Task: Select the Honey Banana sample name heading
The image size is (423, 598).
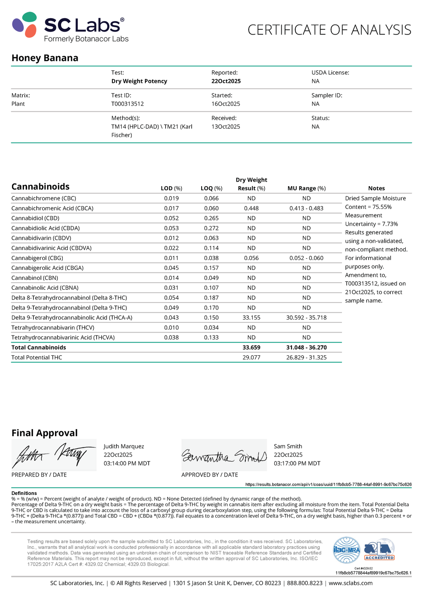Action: click(45, 58)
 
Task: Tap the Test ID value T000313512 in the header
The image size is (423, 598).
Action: click(128, 104)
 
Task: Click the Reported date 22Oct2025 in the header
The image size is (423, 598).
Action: click(226, 81)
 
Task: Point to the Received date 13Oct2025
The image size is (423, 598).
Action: click(226, 127)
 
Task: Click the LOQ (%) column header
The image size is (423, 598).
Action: click(211, 189)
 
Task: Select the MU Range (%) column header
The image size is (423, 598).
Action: click(307, 189)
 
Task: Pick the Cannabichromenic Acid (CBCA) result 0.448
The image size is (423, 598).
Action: click(251, 208)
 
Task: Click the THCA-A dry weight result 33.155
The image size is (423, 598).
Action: click(251, 318)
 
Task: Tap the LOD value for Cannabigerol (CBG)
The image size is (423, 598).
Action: click(171, 258)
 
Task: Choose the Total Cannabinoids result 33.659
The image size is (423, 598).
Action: click(251, 347)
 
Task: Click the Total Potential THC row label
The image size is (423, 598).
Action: click(37, 357)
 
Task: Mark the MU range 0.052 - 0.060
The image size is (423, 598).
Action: click(307, 258)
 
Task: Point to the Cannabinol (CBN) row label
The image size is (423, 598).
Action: click(35, 278)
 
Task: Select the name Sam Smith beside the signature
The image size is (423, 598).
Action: click(288, 446)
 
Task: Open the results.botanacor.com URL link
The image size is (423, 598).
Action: click(328, 485)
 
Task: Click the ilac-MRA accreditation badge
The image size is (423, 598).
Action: click(347, 550)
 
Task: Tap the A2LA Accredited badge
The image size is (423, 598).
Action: click(379, 550)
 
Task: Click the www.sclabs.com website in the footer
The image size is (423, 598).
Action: click(351, 583)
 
